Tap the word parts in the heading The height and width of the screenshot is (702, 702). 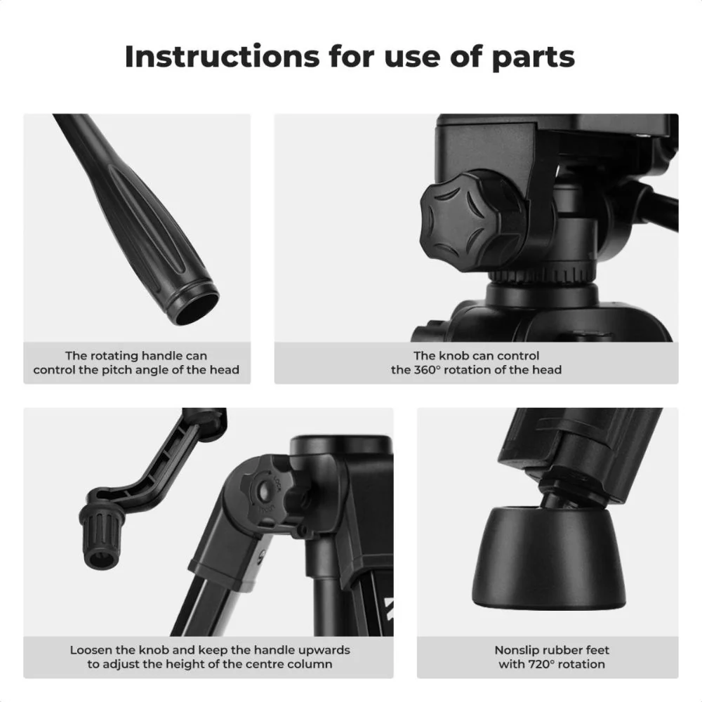coord(534,59)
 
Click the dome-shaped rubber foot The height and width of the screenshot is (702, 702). coord(549,557)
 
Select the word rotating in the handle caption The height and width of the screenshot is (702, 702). coord(112,357)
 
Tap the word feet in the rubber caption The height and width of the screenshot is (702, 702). coord(597,650)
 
